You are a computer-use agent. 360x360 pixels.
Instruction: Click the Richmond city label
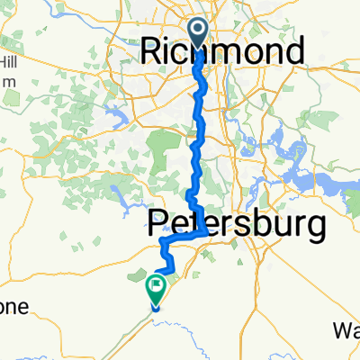(x=221, y=50)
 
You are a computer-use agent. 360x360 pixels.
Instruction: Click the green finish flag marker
(x=155, y=290)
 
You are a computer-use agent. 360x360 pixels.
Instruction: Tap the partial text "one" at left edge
(x=13, y=307)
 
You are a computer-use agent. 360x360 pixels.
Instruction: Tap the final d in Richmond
(x=292, y=50)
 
